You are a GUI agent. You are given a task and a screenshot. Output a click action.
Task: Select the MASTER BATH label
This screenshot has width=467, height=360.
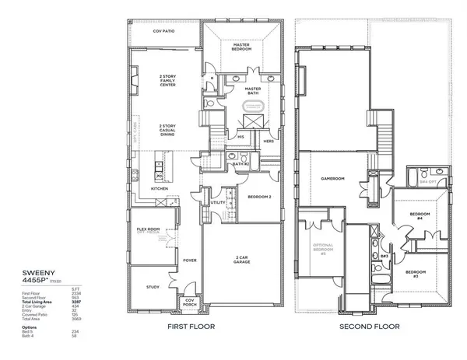point(253,91)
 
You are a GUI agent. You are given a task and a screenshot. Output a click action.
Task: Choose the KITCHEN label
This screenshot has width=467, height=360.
point(160,189)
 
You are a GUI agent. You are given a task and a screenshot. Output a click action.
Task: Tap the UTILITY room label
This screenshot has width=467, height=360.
point(219,203)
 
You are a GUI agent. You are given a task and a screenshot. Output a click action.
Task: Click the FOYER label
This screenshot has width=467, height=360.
point(188,260)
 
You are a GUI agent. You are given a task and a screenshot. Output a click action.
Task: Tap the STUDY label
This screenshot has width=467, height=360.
point(153,287)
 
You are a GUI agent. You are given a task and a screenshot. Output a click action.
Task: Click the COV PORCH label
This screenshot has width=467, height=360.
point(189,304)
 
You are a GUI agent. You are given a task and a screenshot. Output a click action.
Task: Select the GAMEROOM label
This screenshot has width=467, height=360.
point(333,178)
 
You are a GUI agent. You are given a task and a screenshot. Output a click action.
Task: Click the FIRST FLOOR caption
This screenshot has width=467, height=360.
point(191,327)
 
